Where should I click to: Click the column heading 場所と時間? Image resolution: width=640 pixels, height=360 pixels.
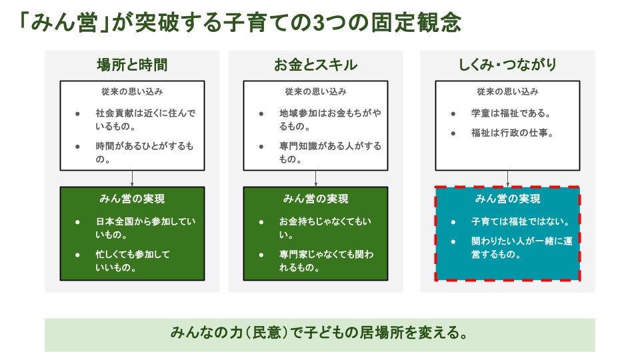point(132,65)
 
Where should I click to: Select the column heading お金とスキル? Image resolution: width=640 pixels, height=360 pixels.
point(315,65)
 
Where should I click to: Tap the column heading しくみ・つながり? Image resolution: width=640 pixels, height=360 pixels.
point(507,65)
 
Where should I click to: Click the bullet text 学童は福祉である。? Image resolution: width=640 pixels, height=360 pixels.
point(511,113)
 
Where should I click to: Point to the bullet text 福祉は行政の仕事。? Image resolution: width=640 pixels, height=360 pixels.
point(512,133)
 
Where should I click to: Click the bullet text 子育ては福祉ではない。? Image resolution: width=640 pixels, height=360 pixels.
point(521,221)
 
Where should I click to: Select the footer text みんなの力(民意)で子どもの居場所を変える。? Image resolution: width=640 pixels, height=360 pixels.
point(319,333)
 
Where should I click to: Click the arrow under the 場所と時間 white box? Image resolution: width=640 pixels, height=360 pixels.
point(132,179)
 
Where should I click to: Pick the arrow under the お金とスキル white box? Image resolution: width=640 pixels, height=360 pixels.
point(315,179)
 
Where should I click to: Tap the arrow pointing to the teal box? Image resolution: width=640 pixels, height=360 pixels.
point(507,179)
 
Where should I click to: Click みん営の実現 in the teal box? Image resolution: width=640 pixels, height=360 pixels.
point(507,199)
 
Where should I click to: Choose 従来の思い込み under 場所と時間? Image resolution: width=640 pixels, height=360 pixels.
point(132,91)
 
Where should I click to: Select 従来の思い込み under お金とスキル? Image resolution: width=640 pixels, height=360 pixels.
point(315,91)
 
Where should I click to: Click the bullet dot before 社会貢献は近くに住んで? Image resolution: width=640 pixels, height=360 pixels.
point(77,114)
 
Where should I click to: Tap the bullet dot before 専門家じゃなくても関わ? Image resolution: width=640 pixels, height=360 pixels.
point(261,255)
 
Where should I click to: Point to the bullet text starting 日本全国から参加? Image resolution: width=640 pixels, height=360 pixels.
point(145,228)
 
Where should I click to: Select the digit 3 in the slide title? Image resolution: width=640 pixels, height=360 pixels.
point(319,23)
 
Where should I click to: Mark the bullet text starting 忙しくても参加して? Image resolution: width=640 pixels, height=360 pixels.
point(133,261)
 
